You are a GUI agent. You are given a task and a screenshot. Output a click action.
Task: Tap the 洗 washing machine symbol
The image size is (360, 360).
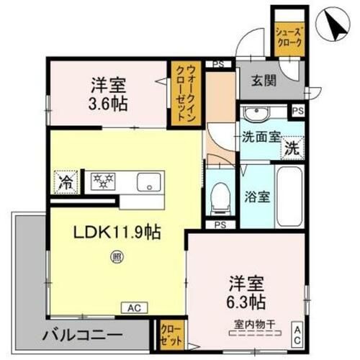(291, 150)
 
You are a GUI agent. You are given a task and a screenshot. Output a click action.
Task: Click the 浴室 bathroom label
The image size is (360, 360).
(257, 196)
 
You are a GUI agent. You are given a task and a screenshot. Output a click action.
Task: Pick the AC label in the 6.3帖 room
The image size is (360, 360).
(297, 337)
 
